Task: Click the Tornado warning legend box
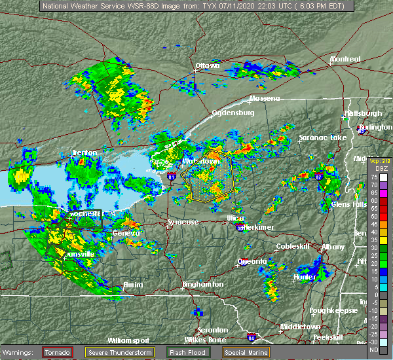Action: [x=58, y=352]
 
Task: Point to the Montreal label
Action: [x=345, y=59]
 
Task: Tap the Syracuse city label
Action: [x=183, y=222]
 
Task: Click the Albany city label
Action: [x=331, y=247]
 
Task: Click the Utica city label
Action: [x=236, y=217]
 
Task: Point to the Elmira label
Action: [x=133, y=285]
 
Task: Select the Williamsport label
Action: [x=129, y=340]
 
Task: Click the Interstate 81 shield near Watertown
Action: [x=172, y=176]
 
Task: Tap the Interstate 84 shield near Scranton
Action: [x=252, y=338]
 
